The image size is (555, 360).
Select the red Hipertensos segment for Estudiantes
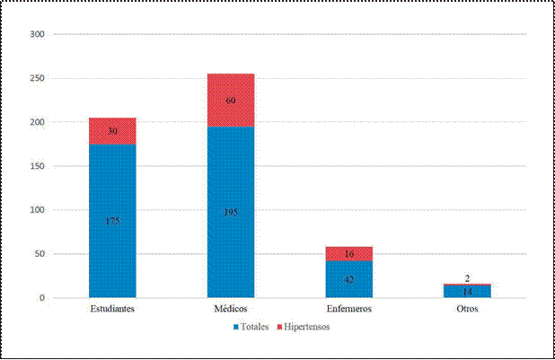[112, 131]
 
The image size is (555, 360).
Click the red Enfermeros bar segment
[349, 254]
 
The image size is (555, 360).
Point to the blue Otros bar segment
[468, 291]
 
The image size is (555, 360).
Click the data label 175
[112, 221]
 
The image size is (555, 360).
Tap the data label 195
[231, 212]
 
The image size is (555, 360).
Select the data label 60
[231, 101]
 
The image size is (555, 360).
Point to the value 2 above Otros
[468, 279]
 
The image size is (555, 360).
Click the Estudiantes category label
[112, 309]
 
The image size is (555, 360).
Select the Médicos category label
[231, 309]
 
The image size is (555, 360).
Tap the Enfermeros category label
[349, 309]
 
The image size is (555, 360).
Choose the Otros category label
[468, 309]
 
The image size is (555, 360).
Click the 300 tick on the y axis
[37, 34]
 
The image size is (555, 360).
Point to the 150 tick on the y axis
[37, 166]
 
